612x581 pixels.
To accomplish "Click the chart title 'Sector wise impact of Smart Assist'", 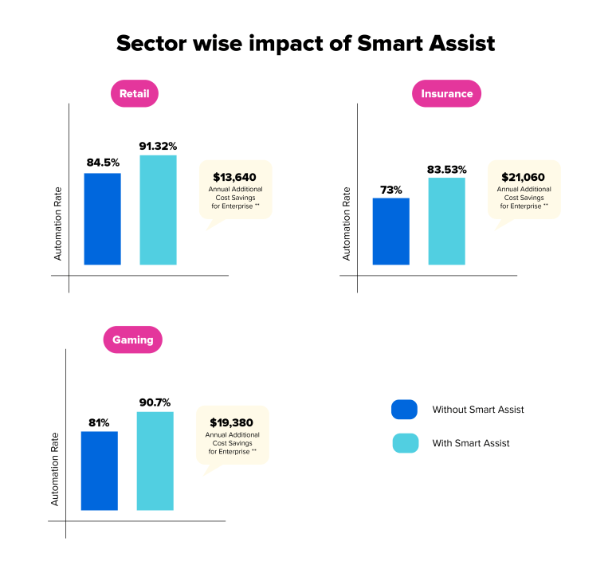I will tap(306, 43).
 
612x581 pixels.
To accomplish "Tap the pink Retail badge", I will tap(135, 94).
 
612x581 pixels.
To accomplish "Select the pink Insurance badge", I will tap(446, 94).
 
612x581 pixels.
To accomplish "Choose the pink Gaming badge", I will tap(133, 340).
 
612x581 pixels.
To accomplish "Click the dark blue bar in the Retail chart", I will tap(103, 218).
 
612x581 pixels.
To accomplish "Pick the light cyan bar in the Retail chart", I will tap(158, 210).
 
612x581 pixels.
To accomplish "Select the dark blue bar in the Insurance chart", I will tap(390, 231).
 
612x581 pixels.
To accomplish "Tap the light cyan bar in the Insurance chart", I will tap(446, 221).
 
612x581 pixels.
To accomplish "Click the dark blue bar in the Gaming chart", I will tap(100, 470).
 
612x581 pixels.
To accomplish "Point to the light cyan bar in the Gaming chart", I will tap(155, 461).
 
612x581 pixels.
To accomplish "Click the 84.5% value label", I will tap(103, 163).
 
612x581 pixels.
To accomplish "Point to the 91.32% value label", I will tap(158, 145).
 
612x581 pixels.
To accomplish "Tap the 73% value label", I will tap(390, 189).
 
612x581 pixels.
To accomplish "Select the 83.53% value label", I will tap(446, 168).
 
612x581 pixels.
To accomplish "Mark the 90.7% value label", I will tap(155, 402).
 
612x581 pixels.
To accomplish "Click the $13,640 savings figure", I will tap(235, 177).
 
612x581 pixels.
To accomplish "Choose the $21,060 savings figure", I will tap(524, 177).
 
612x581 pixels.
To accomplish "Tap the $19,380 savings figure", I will tap(232, 422).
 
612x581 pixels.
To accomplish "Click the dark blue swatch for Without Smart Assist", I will tap(405, 410).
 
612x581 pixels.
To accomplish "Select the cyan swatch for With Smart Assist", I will tap(405, 443).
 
